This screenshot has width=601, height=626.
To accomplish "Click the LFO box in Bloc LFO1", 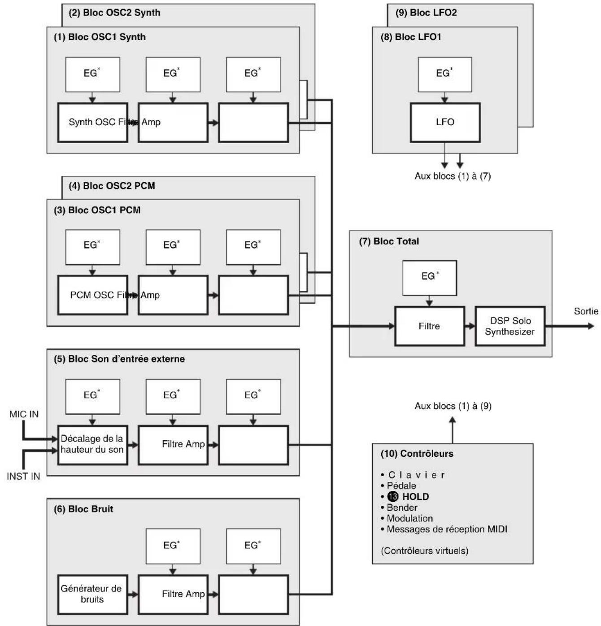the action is (445, 122).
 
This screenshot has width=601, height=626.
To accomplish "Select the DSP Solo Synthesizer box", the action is (510, 326).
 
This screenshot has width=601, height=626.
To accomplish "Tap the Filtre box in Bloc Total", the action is (429, 326).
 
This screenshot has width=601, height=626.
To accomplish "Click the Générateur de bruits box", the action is (92, 594).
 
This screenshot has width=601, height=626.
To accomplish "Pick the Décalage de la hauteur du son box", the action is (92, 445).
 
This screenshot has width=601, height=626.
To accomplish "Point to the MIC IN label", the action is (24, 414).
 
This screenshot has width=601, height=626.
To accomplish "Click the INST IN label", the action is (23, 476).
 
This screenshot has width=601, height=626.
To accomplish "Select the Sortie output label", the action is (586, 311).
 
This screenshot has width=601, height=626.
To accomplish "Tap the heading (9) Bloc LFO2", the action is (426, 13).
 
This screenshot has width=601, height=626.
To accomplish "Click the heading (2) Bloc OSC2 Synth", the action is (114, 13).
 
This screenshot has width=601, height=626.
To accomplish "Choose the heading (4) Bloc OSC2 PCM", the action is (112, 186).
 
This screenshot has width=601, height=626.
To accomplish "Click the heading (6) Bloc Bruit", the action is (83, 509).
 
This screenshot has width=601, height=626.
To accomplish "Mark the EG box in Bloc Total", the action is (429, 278).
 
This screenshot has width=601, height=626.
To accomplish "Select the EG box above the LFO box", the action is (445, 74).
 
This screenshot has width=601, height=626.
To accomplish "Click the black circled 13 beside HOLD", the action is (392, 496).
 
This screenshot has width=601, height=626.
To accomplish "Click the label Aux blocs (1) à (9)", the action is (453, 406).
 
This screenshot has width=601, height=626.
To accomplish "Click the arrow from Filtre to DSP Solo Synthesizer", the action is (470, 326).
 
